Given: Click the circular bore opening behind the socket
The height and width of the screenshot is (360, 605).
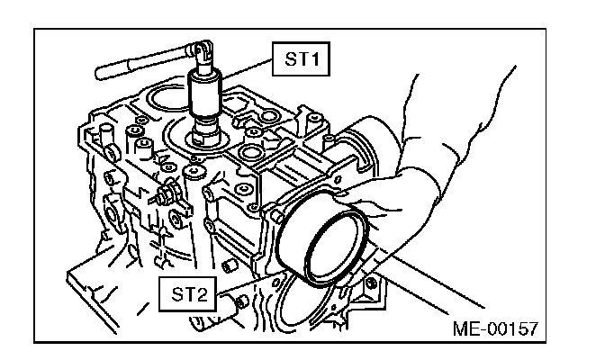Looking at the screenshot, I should (171, 101).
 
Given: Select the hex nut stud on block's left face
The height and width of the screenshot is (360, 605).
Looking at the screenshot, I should (168, 193).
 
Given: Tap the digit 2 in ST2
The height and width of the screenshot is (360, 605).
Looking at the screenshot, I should (203, 292).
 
